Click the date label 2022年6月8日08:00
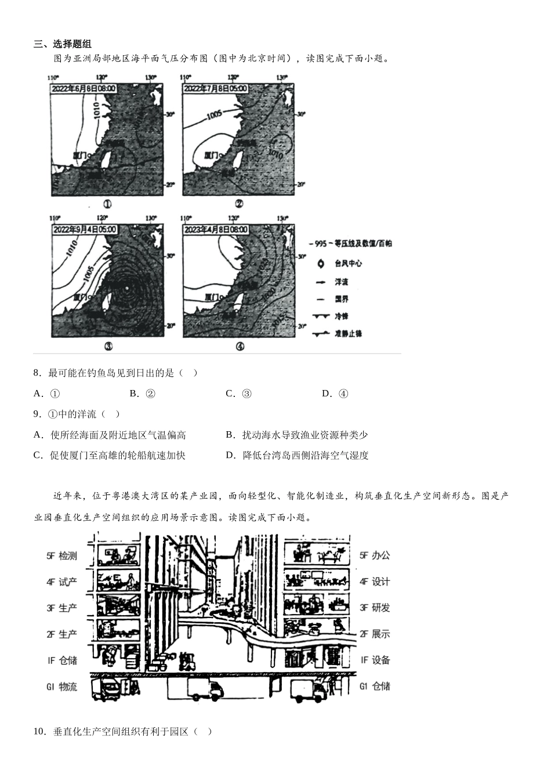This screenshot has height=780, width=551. [x=84, y=89]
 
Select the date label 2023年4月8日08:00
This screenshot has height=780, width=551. [x=216, y=229]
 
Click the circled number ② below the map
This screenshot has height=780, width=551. [x=239, y=204]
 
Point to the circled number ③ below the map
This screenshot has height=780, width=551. [x=108, y=346]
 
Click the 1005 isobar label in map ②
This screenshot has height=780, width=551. [x=214, y=116]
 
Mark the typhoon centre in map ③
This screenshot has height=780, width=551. [x=127, y=288]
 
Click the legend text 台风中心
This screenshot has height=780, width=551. [x=348, y=263]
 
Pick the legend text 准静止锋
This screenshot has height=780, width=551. [x=347, y=334]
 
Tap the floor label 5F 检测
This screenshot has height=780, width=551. [x=61, y=556]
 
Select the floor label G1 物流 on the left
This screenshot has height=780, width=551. [x=61, y=687]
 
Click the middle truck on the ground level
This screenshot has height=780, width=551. [x=205, y=689]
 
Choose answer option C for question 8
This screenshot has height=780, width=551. [x=238, y=393]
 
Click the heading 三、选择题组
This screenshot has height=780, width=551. [x=63, y=44]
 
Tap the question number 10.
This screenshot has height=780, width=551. [x=39, y=731]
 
